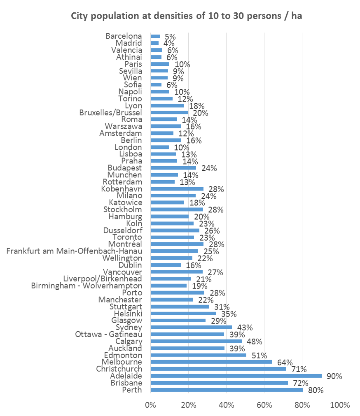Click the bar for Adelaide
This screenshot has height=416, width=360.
236,376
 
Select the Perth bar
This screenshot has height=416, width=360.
227,390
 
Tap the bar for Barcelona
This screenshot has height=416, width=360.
155,36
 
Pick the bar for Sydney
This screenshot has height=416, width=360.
191,327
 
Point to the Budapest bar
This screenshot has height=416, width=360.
173,168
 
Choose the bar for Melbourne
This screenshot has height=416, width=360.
211,362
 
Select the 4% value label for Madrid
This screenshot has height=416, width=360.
168,43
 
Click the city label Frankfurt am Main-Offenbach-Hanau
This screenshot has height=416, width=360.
75,251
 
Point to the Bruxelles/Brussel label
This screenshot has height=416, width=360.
111,112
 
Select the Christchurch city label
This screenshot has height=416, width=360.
119,369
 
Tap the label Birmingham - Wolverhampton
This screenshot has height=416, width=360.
87,286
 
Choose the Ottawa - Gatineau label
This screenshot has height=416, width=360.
109,334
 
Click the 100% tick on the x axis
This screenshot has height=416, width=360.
340,405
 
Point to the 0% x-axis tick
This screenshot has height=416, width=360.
151,405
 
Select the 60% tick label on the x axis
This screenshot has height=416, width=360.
264,405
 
